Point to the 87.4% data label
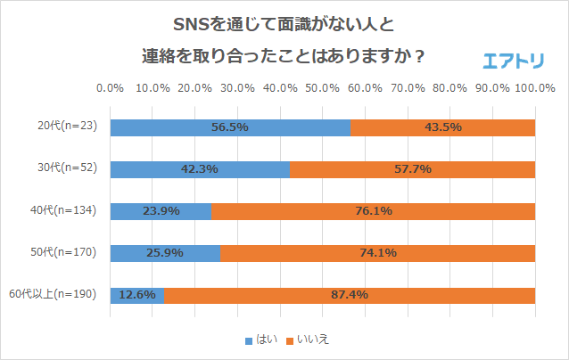tap(349, 294)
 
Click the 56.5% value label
tap(229, 127)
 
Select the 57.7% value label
tap(412, 168)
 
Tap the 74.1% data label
tap(377, 252)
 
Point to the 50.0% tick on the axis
tap(322, 89)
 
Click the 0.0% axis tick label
tap(110, 89)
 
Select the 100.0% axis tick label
tap(535, 89)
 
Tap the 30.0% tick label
tap(237, 89)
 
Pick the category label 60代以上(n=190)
tap(58, 294)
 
